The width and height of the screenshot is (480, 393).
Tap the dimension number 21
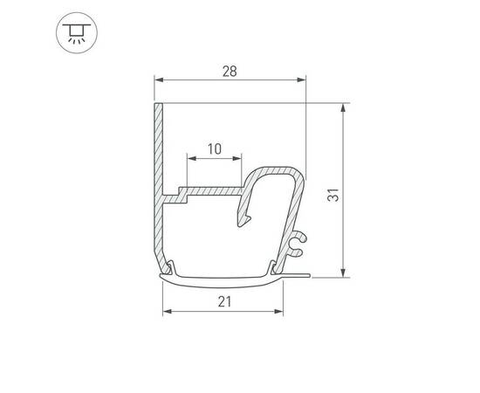(x=223, y=301)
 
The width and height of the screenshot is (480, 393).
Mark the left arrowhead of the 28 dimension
(x=159, y=79)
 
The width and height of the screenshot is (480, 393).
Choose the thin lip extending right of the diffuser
(x=297, y=274)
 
